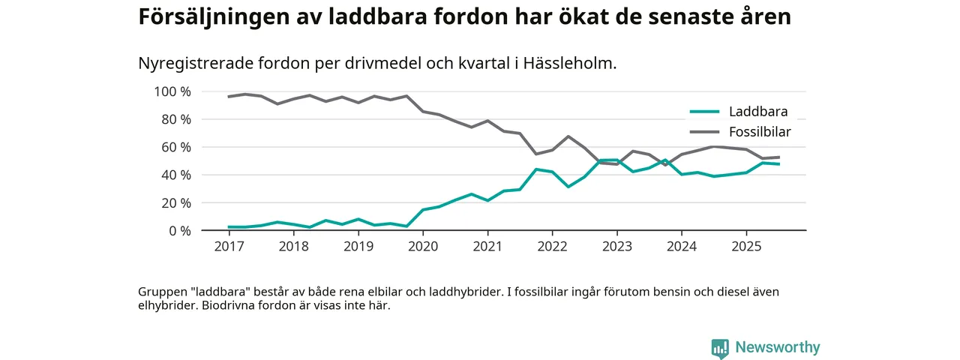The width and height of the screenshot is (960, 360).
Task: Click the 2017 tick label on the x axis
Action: pyautogui.click(x=229, y=247)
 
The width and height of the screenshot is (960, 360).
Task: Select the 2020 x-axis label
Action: pyautogui.click(x=423, y=247)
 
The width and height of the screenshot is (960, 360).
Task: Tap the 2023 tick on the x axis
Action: pyautogui.click(x=616, y=247)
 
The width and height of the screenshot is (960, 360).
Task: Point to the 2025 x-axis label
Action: pyautogui.click(x=745, y=247)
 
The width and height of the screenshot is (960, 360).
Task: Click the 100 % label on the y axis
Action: pyautogui.click(x=172, y=91)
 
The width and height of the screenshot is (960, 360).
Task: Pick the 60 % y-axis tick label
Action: pyautogui.click(x=176, y=147)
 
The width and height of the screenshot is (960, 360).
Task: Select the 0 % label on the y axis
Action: pyautogui.click(x=180, y=230)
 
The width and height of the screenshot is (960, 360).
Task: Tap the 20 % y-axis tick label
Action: pyautogui.click(x=176, y=202)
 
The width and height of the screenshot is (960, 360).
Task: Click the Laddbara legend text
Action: pyautogui.click(x=757, y=112)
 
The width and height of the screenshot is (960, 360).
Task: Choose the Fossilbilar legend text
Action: pyautogui.click(x=760, y=132)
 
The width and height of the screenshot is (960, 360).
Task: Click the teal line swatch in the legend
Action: pyautogui.click(x=704, y=112)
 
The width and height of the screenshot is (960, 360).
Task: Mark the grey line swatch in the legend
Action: pyautogui.click(x=704, y=132)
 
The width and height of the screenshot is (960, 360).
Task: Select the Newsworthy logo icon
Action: pyautogui.click(x=720, y=348)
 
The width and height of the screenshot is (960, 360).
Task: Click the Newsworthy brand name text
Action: pyautogui.click(x=778, y=347)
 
